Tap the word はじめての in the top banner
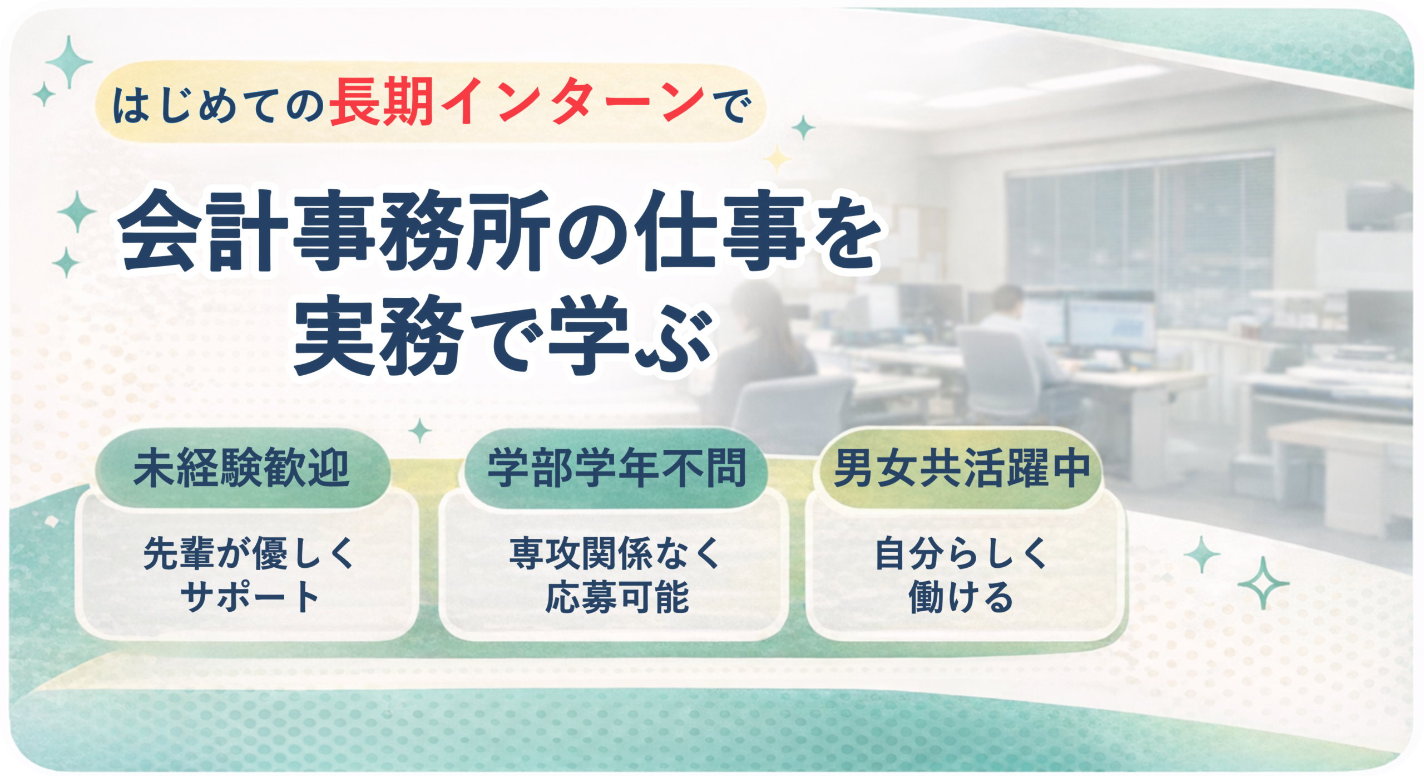[218, 106]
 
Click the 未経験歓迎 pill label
[241, 468]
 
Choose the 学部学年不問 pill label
[616, 468]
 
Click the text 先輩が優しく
[249, 553]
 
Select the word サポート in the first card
[249, 597]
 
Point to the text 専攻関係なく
[615, 553]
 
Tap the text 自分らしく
[961, 553]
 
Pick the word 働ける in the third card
[961, 597]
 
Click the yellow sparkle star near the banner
[777, 160]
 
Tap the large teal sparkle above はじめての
[69, 62]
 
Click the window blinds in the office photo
[1140, 223]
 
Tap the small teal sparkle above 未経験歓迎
[420, 430]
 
